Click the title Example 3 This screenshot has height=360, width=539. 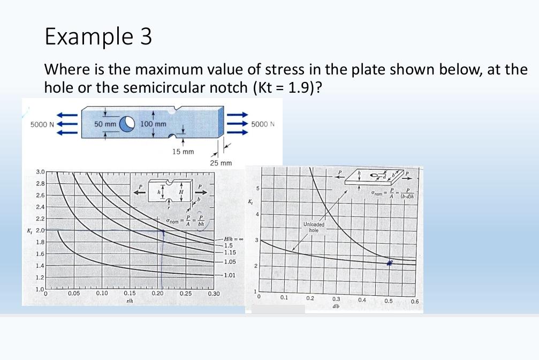coord(98,36)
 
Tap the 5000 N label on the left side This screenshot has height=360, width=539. coord(42,125)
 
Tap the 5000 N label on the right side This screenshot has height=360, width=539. coord(263,125)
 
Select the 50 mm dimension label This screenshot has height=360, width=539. coord(105,124)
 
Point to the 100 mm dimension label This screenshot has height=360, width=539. coord(153,124)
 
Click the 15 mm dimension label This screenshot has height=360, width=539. coord(183,152)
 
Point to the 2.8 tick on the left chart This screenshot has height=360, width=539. coord(40,183)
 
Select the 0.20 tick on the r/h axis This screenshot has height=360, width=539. coord(157,294)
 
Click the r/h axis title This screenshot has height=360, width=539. coord(129,301)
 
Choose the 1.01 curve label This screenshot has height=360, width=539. coord(230,275)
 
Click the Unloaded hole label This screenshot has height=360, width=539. coord(314,227)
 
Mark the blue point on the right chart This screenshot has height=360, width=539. coord(390,262)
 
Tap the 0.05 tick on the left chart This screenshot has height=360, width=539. coord(74,294)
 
